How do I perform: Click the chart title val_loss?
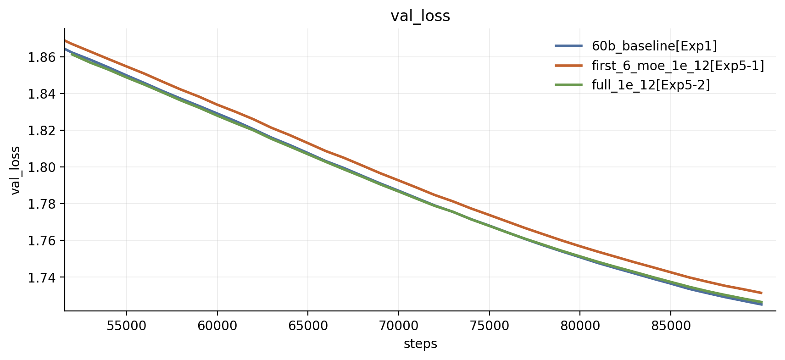pyautogui.click(x=420, y=16)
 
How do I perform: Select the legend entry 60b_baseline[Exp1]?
pyautogui.click(x=654, y=46)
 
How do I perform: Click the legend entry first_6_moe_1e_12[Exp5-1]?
pyautogui.click(x=678, y=66)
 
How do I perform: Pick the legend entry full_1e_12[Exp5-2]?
pyautogui.click(x=651, y=85)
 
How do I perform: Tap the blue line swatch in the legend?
pyautogui.click(x=569, y=46)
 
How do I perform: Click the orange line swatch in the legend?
pyautogui.click(x=569, y=66)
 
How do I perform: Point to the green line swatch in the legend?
pyautogui.click(x=569, y=85)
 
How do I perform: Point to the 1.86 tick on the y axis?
pyautogui.click(x=42, y=57)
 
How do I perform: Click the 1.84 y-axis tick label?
pyautogui.click(x=42, y=94)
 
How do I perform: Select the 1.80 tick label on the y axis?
pyautogui.click(x=42, y=167)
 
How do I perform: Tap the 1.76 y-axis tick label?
pyautogui.click(x=42, y=241)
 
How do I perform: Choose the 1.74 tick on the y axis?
pyautogui.click(x=42, y=277)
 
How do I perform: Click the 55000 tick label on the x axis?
pyautogui.click(x=127, y=326)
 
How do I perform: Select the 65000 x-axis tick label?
pyautogui.click(x=308, y=326)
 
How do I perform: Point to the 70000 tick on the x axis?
pyautogui.click(x=399, y=326)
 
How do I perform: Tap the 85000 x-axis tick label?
pyautogui.click(x=671, y=326)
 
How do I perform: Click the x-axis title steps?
pyautogui.click(x=420, y=344)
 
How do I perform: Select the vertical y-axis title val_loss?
pyautogui.click(x=16, y=170)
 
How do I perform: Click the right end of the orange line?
pyautogui.click(x=762, y=293)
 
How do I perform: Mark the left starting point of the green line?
pyautogui.click(x=71, y=54)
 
